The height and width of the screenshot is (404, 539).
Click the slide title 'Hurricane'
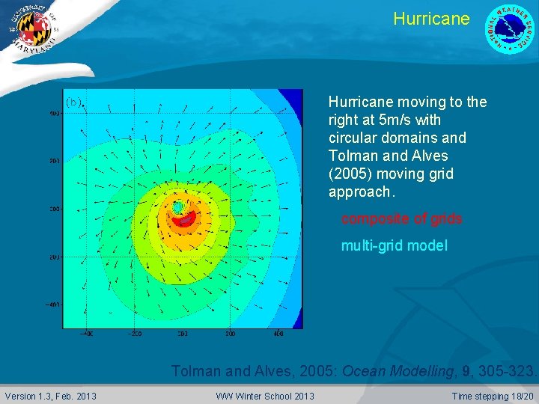(x=431, y=19)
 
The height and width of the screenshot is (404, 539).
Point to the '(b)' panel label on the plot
(x=73, y=102)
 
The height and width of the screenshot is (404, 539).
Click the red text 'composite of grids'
(x=401, y=219)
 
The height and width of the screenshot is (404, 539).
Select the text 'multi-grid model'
(x=394, y=245)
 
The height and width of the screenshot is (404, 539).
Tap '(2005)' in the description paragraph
(x=351, y=174)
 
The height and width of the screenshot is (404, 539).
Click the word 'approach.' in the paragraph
(x=360, y=192)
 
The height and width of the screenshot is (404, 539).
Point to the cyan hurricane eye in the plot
(x=178, y=206)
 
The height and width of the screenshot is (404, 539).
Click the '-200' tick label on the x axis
(x=134, y=334)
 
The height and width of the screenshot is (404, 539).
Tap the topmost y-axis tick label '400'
(x=55, y=114)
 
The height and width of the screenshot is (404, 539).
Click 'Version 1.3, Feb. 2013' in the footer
(x=50, y=395)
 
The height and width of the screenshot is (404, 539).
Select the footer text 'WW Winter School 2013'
(x=265, y=395)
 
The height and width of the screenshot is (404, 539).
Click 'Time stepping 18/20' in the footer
(x=493, y=395)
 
